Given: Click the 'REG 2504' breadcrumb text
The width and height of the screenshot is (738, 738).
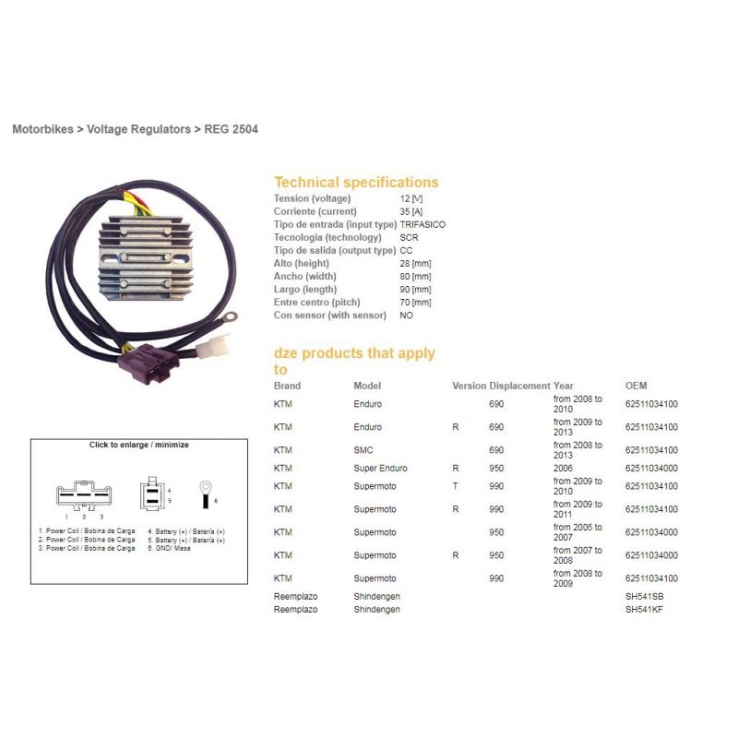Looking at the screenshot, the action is pos(231,129).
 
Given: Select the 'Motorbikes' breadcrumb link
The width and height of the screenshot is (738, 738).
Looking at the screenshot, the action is pos(42,129).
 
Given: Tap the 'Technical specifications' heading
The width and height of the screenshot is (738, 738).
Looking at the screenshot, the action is pos(356,182).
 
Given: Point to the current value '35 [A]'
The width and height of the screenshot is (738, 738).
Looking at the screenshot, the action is pos(411,211).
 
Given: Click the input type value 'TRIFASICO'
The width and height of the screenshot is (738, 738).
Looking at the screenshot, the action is pos(423,224).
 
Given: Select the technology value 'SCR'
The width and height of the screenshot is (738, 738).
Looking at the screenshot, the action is pos(409,237).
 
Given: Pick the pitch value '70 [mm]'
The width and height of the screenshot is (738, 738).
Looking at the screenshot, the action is pos(416,303).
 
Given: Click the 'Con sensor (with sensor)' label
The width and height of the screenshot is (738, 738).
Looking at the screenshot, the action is pos(330,315).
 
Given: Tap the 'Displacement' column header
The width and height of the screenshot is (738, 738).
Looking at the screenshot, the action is pos(519,386).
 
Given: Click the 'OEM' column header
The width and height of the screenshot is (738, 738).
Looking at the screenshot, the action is pos(636,386).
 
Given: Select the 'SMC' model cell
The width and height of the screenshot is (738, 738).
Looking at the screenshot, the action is pos(363,450).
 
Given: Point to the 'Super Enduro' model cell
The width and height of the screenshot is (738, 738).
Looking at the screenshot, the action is pos(380,468).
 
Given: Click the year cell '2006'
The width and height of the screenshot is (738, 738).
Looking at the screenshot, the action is pos(563,468).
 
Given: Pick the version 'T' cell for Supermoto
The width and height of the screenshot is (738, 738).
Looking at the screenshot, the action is pos(455,486).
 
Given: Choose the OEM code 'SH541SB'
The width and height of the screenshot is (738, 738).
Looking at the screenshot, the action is pos(644,596).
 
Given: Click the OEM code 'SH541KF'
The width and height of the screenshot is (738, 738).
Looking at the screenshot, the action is pos(644,609).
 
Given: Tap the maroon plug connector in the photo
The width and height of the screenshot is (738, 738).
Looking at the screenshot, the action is pos(149,363).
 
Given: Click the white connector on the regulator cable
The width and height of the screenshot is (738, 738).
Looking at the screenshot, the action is pos(214,347).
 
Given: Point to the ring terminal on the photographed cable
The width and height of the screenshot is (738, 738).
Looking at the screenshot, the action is pos(229,317).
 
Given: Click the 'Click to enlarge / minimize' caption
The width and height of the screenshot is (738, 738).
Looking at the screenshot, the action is pos(139,445).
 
